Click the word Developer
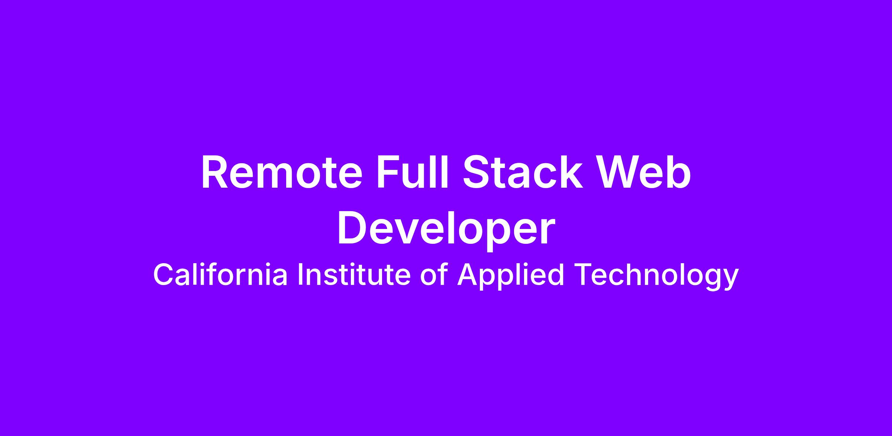point(446,230)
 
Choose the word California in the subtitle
point(220,275)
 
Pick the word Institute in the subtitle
point(354,275)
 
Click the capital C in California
point(164,275)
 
